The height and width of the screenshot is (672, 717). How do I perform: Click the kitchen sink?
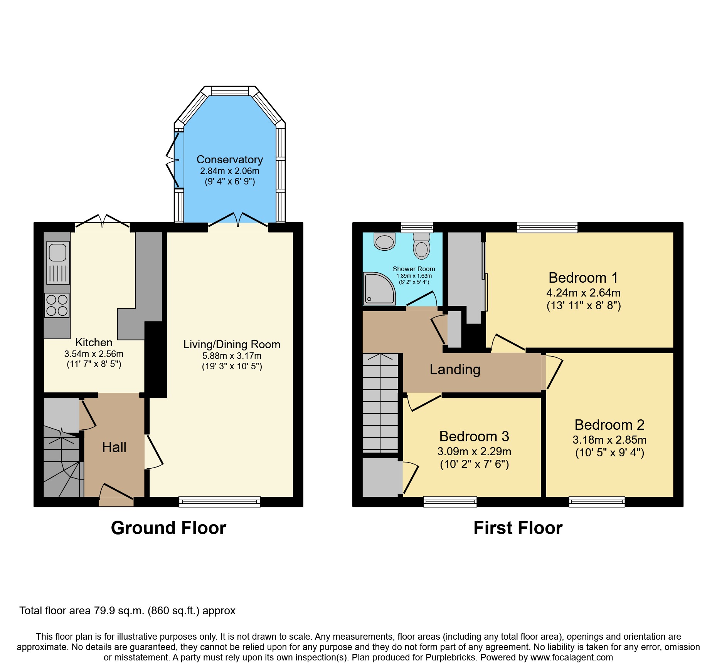(58, 262)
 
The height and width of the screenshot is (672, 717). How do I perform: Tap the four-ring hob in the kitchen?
(57, 305)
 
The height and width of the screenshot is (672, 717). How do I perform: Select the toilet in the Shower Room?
(422, 246)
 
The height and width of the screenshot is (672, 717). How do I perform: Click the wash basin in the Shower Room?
(385, 241)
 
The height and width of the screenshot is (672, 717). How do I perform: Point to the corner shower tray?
(379, 288)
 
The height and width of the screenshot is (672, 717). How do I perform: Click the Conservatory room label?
(229, 159)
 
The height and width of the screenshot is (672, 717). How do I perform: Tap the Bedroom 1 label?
(583, 278)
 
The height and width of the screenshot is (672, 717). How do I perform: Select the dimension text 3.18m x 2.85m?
(609, 440)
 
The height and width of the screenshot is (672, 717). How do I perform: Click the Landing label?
(455, 369)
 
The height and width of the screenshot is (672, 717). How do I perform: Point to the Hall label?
(114, 447)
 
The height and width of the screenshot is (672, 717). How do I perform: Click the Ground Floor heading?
(168, 528)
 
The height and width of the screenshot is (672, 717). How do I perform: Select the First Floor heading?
(518, 528)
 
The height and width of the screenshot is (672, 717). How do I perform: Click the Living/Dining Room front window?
(219, 501)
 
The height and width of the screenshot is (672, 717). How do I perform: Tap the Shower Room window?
(417, 227)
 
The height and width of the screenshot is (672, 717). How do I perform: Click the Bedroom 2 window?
(597, 501)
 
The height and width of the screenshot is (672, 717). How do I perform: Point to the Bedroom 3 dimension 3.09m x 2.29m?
(474, 451)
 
